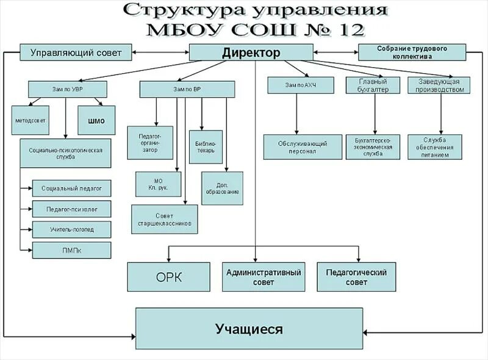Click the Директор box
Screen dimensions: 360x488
(x=251, y=52)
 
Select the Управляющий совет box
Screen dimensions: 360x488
(x=76, y=52)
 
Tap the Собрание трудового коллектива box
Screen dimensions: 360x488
(x=412, y=52)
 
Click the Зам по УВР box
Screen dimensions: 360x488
(x=68, y=89)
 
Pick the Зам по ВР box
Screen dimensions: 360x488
(x=187, y=89)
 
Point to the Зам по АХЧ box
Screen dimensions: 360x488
(x=301, y=85)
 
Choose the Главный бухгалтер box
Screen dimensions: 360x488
(x=372, y=85)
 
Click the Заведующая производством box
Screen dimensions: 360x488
(x=439, y=85)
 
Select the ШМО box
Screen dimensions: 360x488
(x=96, y=120)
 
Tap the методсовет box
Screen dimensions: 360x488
(x=30, y=120)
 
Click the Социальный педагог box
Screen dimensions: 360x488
(x=71, y=189)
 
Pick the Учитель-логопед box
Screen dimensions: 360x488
(x=71, y=229)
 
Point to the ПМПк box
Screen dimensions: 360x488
(x=71, y=250)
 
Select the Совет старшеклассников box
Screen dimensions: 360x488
(x=165, y=219)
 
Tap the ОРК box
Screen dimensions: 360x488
(x=169, y=277)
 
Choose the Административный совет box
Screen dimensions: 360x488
(x=264, y=277)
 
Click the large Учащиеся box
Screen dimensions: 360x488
(x=249, y=329)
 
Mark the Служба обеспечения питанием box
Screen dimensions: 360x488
(x=434, y=147)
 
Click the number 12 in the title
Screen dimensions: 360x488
(x=345, y=29)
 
